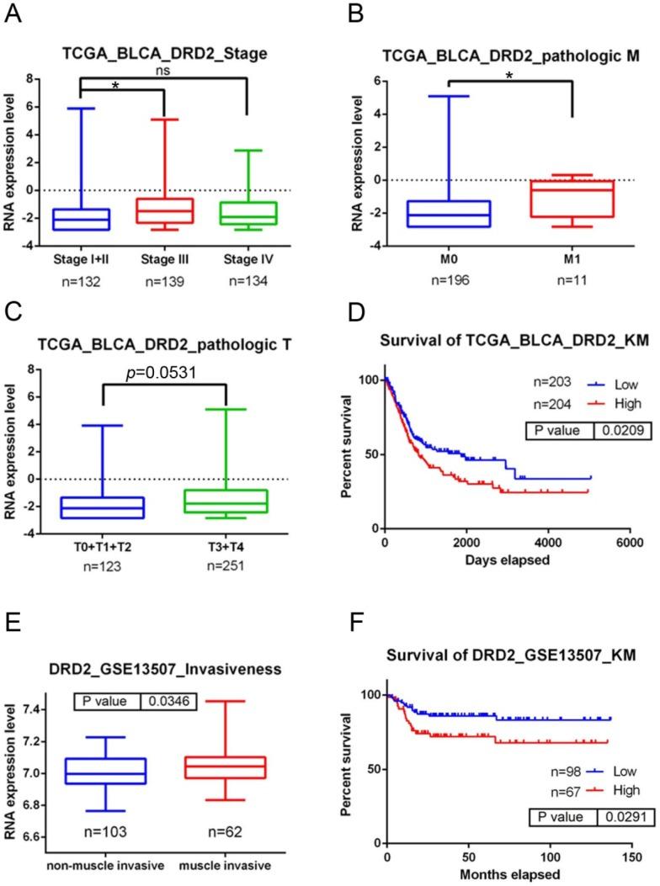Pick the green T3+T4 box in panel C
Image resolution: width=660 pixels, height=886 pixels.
pos(250,489)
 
